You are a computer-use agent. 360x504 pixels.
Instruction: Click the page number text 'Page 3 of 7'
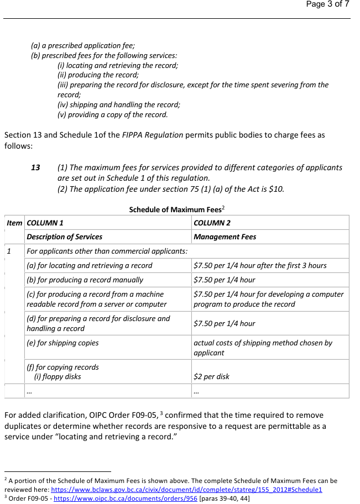pyautogui.click(x=327, y=4)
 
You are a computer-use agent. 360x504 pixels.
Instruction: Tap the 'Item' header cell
pyautogui.click(x=15, y=223)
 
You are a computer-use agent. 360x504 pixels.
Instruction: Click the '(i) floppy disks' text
pyautogui.click(x=58, y=376)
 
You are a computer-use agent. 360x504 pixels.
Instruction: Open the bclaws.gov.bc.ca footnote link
pyautogui.click(x=187, y=490)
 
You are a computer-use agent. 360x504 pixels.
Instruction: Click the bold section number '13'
pyautogui.click(x=35, y=167)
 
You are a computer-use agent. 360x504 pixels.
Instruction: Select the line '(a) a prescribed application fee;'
pyautogui.click(x=83, y=46)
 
